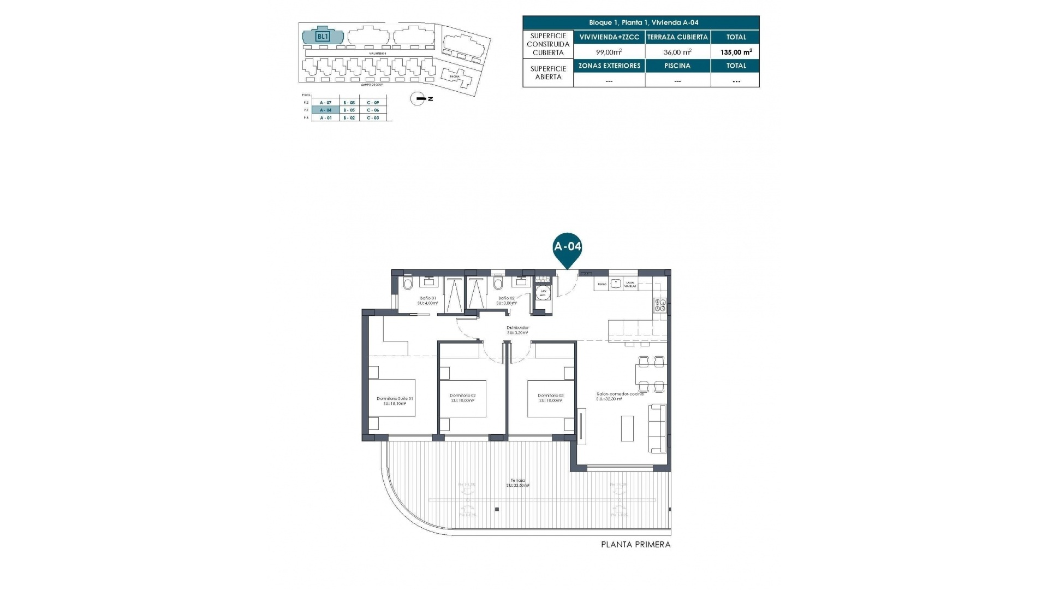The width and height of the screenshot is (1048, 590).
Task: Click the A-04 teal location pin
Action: [567, 247]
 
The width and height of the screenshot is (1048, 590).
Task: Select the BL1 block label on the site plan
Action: [323, 37]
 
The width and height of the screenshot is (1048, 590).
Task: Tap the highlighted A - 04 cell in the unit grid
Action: [325, 110]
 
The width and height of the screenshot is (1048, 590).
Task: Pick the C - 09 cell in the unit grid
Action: [373, 102]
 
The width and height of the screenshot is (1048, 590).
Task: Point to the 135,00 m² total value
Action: [736, 52]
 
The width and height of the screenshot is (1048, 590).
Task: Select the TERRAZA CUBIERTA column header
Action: [677, 37]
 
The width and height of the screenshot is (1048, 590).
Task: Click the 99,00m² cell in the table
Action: [609, 52]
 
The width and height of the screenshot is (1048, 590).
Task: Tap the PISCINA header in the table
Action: [677, 66]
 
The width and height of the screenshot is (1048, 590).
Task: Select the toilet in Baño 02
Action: [497, 284]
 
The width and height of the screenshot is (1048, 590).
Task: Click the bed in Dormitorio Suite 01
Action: [392, 398]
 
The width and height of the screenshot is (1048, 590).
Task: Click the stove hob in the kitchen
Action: [659, 305]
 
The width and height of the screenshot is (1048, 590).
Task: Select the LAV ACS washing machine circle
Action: [543, 292]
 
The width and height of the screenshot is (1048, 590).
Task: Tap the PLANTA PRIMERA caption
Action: [635, 545]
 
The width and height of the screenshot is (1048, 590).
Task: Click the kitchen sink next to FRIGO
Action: [616, 284]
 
